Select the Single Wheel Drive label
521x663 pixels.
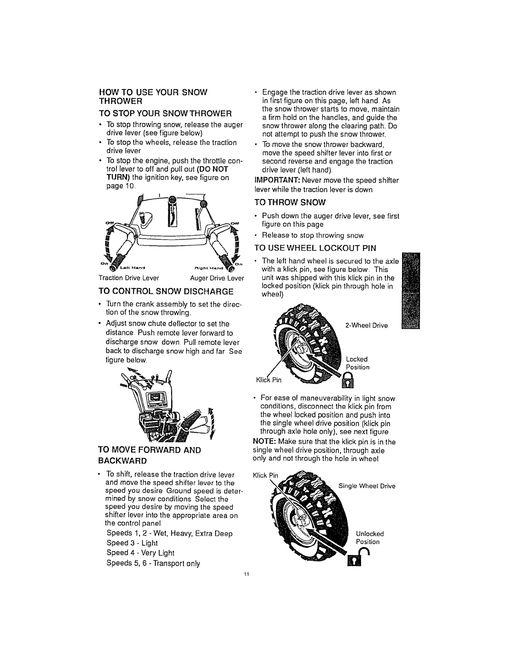(366, 486)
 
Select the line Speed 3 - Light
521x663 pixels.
(132, 543)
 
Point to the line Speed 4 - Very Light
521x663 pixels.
(140, 552)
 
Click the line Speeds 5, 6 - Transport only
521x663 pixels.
(153, 563)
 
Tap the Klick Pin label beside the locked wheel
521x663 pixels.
(270, 380)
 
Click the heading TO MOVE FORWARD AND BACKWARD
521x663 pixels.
(150, 455)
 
